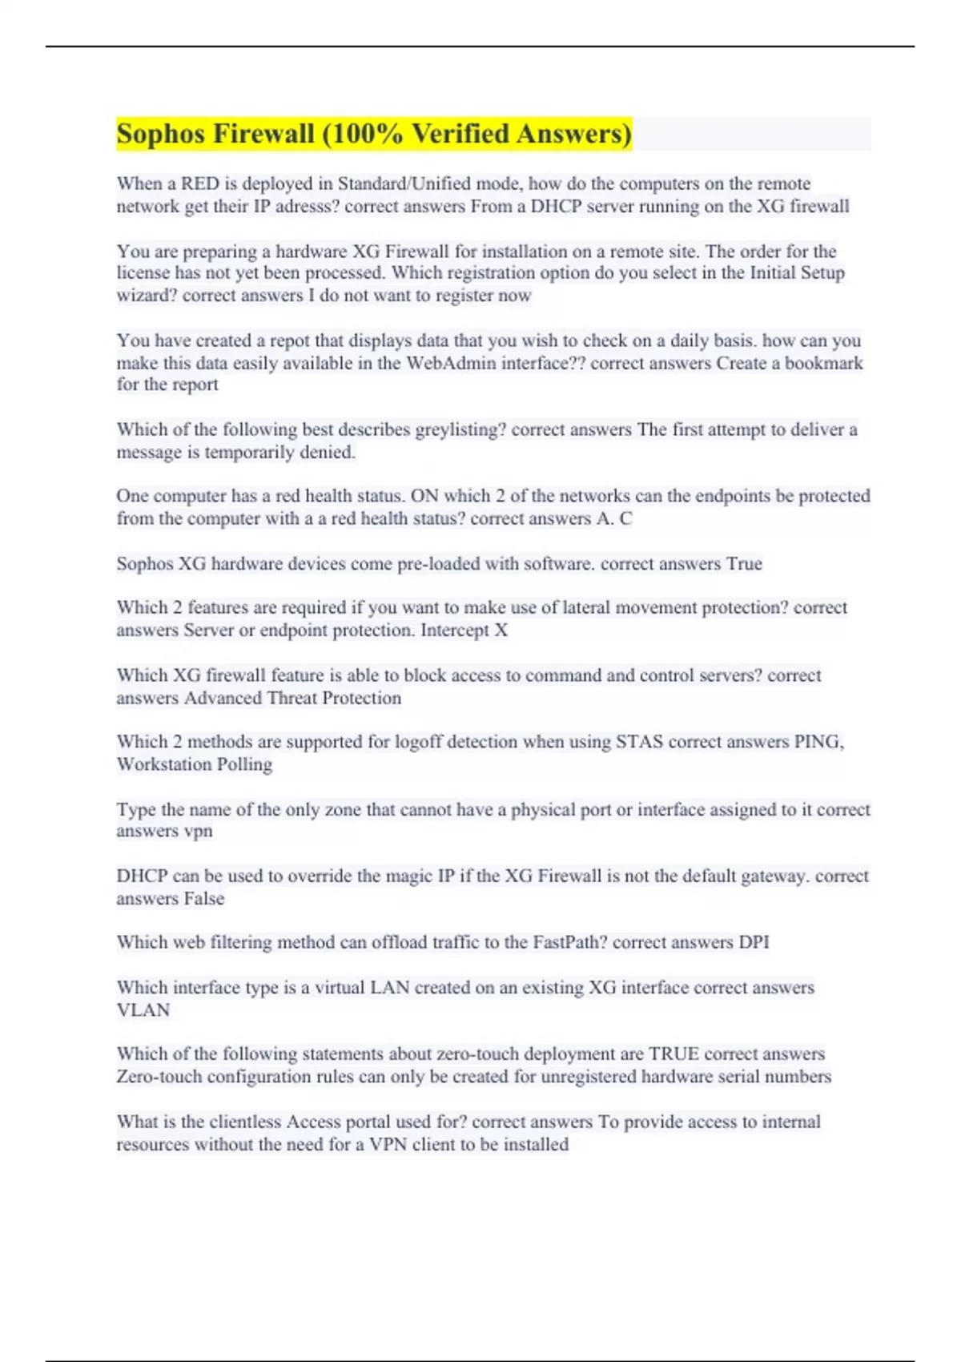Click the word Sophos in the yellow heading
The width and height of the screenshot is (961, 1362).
pos(161,133)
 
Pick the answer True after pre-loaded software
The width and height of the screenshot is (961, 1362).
pos(744,563)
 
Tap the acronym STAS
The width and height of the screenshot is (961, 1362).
pos(639,742)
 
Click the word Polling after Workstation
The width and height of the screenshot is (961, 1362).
pos(245,764)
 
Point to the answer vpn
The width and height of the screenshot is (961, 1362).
pos(199,831)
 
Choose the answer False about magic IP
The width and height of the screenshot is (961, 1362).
pos(204,898)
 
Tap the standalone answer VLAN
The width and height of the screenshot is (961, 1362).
pos(143,1009)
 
